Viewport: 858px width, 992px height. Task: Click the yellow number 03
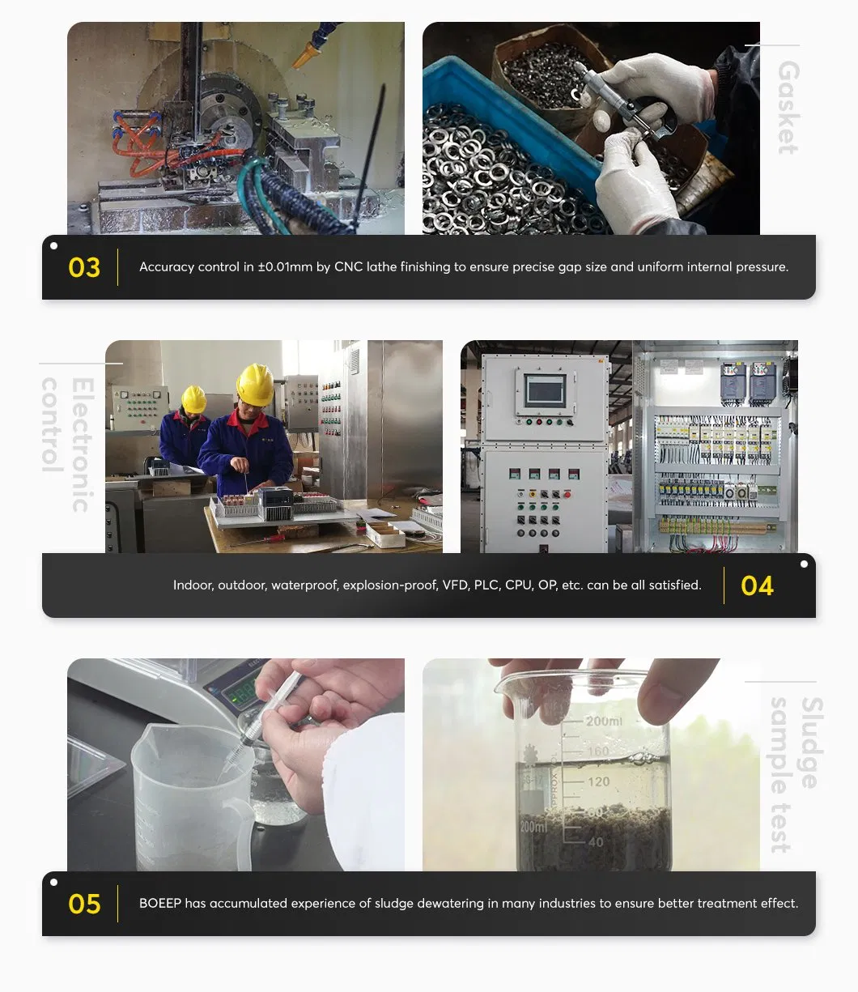[84, 268]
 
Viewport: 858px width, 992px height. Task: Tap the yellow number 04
[757, 586]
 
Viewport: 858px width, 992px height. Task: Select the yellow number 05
[84, 905]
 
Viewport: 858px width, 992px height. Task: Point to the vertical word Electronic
[82, 445]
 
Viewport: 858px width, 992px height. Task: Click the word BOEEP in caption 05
[159, 904]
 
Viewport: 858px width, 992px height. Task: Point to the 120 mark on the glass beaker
[598, 782]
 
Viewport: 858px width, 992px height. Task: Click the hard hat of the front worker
[255, 384]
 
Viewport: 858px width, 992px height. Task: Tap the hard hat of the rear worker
[193, 398]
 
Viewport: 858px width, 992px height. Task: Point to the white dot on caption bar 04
[804, 564]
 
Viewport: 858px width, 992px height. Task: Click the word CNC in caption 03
[348, 267]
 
